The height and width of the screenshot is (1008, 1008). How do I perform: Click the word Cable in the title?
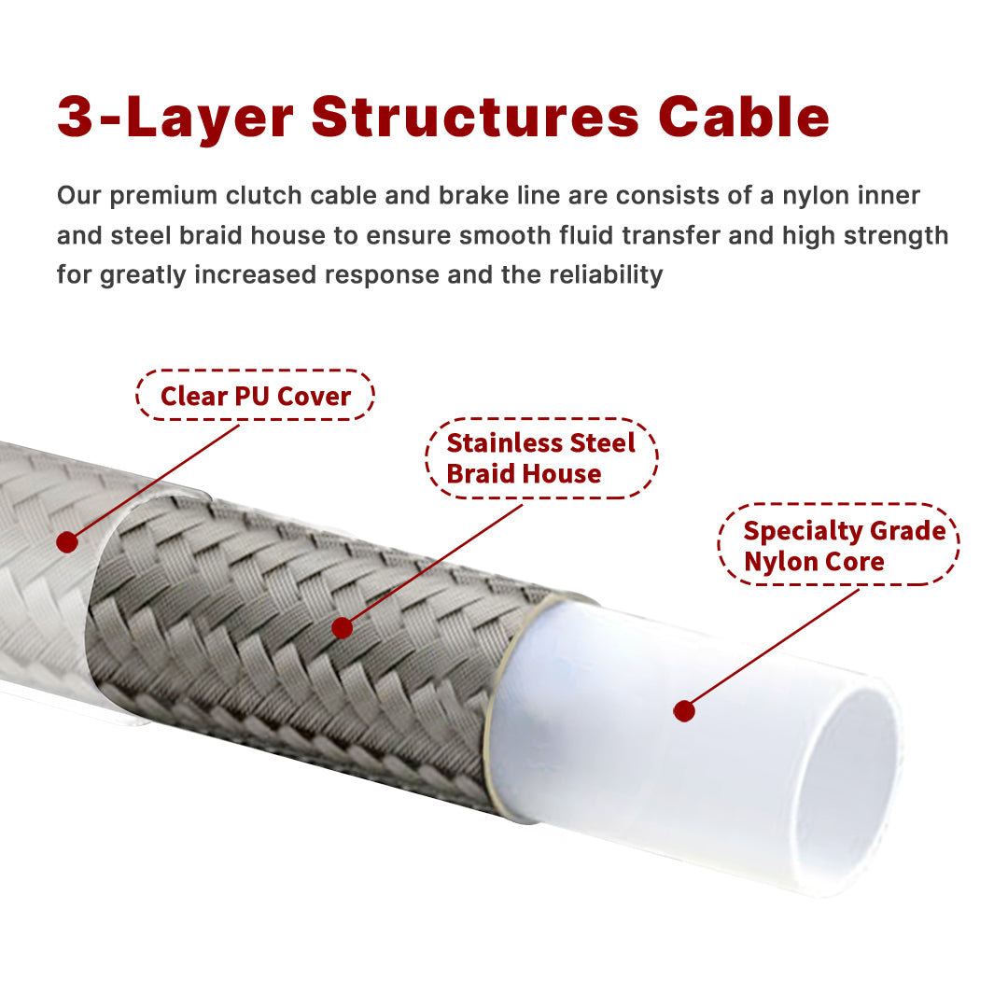744,117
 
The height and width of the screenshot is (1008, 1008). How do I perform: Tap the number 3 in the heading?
76,117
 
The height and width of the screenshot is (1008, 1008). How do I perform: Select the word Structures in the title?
475,117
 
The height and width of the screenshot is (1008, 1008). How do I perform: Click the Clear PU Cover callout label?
255,396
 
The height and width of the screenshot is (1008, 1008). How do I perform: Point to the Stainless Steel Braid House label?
541,458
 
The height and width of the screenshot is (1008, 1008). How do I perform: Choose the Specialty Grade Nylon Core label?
838,545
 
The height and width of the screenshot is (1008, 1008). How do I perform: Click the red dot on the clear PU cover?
67,542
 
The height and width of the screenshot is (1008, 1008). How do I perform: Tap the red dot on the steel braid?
342,627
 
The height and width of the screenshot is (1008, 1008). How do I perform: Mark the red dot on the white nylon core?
684,711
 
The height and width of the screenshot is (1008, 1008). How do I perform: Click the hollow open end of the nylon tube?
849,783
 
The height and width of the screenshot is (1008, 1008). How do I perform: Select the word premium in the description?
163,196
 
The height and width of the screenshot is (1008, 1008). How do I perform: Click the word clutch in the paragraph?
263,195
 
